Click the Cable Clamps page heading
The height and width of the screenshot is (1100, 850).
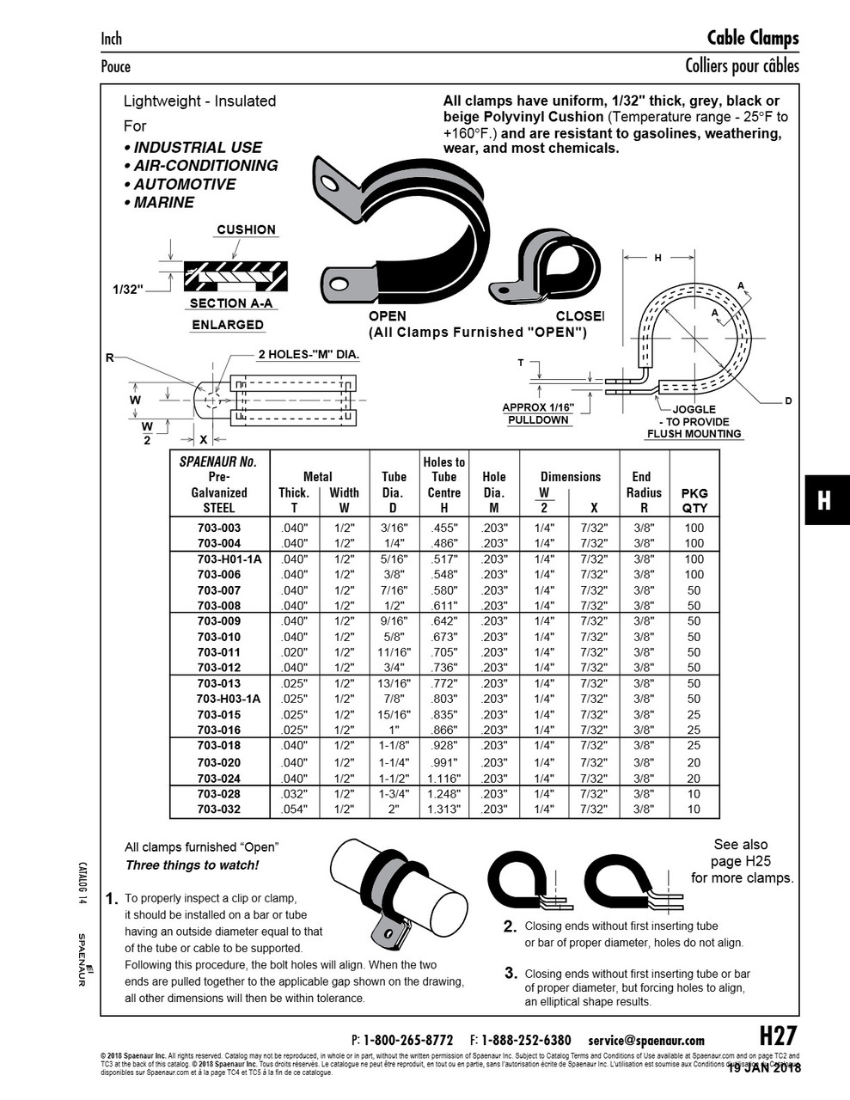point(752,38)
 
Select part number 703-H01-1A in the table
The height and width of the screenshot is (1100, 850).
point(218,559)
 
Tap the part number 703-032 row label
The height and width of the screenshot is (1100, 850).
point(218,809)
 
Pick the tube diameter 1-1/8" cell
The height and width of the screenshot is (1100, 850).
point(394,745)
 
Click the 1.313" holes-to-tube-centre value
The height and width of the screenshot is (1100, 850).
point(443,809)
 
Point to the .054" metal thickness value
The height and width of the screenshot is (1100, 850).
point(294,809)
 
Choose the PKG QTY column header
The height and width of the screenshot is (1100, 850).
point(694,500)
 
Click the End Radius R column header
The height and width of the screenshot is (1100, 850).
point(644,492)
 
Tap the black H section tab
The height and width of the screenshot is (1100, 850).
point(825,500)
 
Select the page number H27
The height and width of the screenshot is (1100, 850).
point(778,1036)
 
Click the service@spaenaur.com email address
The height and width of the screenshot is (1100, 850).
point(646,1040)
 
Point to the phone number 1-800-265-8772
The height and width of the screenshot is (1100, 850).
point(407,1040)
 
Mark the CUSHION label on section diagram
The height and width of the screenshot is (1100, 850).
point(246,229)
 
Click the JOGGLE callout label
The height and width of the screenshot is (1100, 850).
point(694,409)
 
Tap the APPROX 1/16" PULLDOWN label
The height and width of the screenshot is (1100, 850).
point(538,413)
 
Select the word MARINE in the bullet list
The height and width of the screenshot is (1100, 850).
point(163,203)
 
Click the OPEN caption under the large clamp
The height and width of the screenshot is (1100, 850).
point(387,316)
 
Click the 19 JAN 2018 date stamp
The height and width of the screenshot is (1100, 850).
point(764,1068)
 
